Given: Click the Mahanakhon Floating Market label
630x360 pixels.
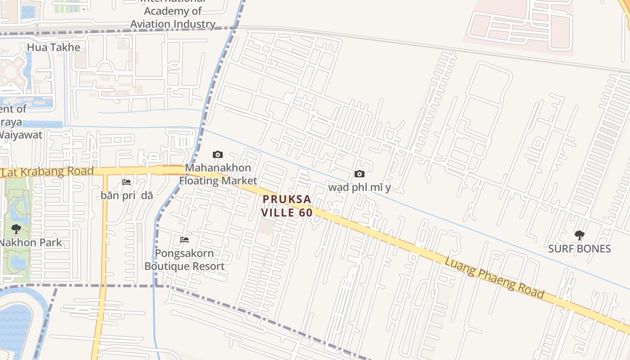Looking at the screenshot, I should pos(218,174).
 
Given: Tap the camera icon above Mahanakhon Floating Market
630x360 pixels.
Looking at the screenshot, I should pos(218,155).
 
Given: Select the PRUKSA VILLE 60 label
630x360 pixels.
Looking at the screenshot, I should pos(287,206).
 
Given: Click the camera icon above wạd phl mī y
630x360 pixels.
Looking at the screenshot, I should pos(359,174).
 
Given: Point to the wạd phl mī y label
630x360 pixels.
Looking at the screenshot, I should pos(360,187).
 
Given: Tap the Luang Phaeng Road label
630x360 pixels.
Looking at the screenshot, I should pos(495,278).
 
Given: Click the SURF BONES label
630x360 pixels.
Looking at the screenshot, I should pos(579,249).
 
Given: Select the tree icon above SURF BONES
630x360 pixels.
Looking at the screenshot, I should pos(580,234).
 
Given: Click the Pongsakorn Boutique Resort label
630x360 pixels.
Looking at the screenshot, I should pos(184,260).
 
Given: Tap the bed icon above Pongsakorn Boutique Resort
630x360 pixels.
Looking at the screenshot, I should pos(184,240).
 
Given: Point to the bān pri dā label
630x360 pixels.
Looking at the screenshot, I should pos(127,195).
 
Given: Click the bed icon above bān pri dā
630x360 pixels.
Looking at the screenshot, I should pos(127,182).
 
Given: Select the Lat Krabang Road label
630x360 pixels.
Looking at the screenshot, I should pos(47,171).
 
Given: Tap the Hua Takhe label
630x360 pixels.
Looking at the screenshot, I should pos(54,47).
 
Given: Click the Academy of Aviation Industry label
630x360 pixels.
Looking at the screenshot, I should pos(173,18).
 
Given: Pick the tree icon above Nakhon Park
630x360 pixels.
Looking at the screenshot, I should pos(16,229).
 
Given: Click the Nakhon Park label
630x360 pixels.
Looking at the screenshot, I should pos(31,243).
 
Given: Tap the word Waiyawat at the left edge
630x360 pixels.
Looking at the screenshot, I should pos(21,135).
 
